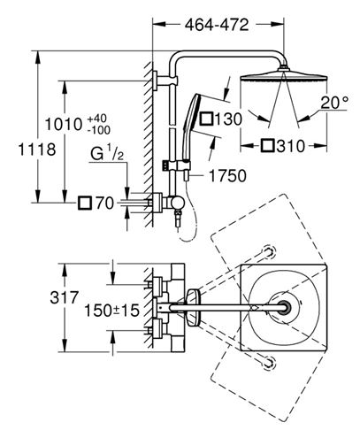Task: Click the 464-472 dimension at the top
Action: click(x=217, y=25)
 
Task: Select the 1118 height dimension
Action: click(x=37, y=150)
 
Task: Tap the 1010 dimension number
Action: click(x=64, y=124)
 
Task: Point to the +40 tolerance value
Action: click(x=97, y=119)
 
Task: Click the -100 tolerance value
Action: click(x=99, y=130)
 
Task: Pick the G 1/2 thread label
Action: click(x=107, y=154)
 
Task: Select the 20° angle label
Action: click(x=334, y=103)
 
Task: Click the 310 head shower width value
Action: click(x=291, y=146)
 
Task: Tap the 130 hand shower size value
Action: click(x=228, y=119)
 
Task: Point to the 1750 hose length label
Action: click(x=227, y=176)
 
